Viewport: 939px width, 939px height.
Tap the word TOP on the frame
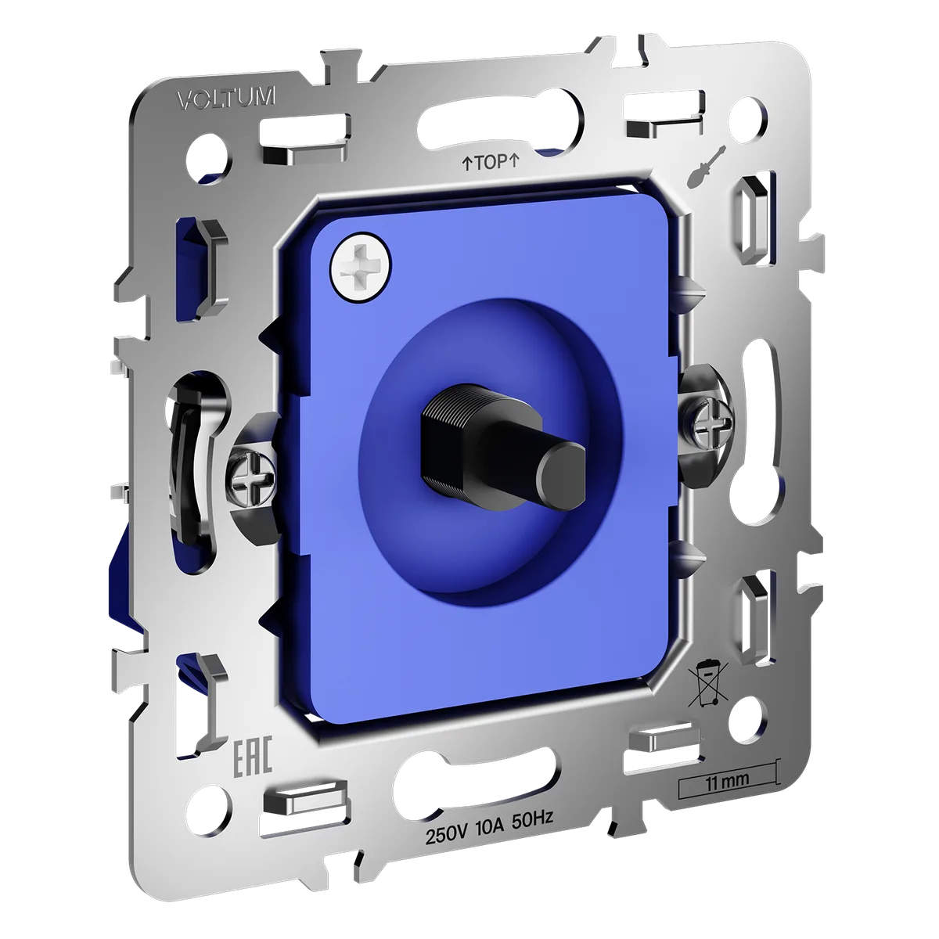[x=491, y=162]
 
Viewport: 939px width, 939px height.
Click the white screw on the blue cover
[x=361, y=269]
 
